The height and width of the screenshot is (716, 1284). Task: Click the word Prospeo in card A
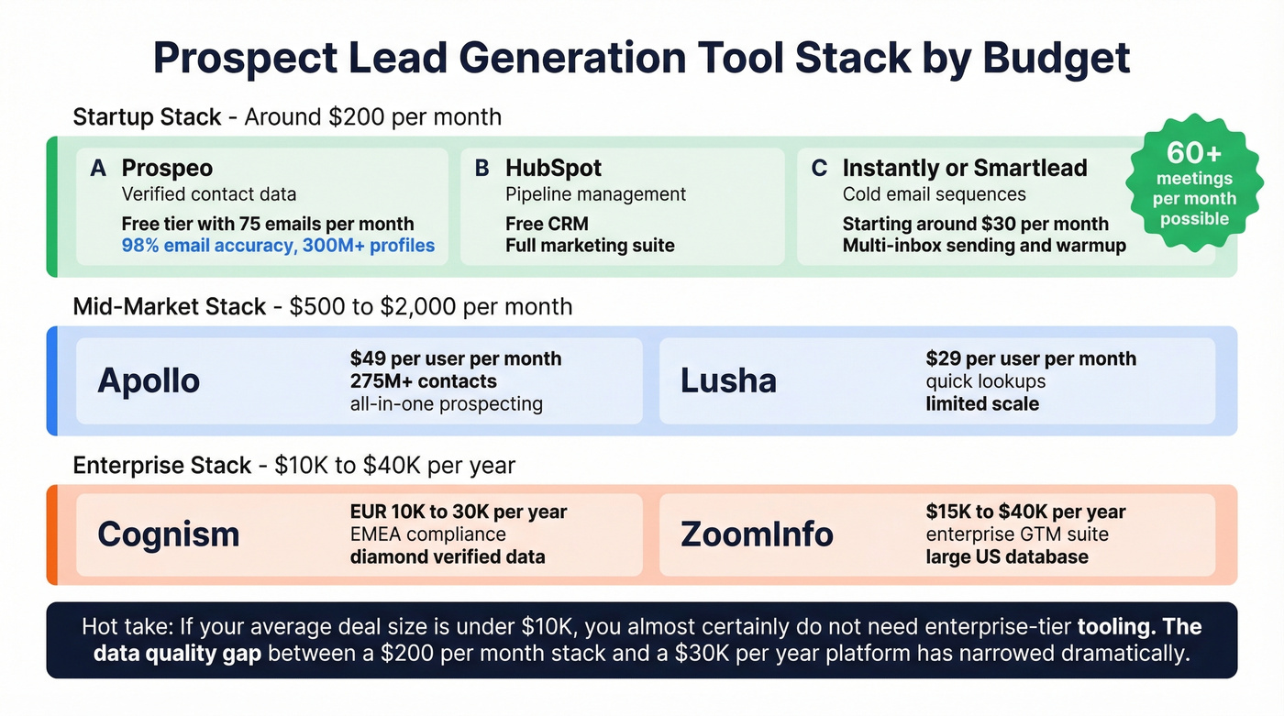[x=167, y=169]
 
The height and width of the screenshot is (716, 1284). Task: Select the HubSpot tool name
[x=553, y=169]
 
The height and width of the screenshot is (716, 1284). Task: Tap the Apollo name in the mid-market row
[x=149, y=380]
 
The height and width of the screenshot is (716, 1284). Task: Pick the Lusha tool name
[x=728, y=380]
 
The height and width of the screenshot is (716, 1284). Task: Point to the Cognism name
[x=168, y=534]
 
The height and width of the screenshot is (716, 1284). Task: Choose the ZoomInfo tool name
[x=757, y=534]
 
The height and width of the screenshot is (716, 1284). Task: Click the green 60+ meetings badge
[x=1193, y=182]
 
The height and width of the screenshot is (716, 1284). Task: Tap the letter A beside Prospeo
[x=98, y=169]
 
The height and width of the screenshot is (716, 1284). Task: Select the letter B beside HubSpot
[x=482, y=169]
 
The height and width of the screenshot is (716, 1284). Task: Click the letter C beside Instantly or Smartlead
[x=820, y=169]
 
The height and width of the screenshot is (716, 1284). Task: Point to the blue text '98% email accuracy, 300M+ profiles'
[x=278, y=246]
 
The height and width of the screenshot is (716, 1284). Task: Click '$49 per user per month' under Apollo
[x=456, y=358]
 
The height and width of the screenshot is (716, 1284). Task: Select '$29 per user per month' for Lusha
[x=1031, y=358]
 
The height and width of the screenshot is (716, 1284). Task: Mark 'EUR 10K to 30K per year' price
[x=459, y=512]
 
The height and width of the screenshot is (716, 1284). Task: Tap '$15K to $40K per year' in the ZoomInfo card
[x=1025, y=512]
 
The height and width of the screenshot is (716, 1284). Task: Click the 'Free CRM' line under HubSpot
[x=547, y=224]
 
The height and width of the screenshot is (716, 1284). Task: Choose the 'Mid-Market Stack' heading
[x=170, y=306]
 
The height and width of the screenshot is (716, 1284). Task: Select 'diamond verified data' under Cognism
[x=448, y=556]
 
